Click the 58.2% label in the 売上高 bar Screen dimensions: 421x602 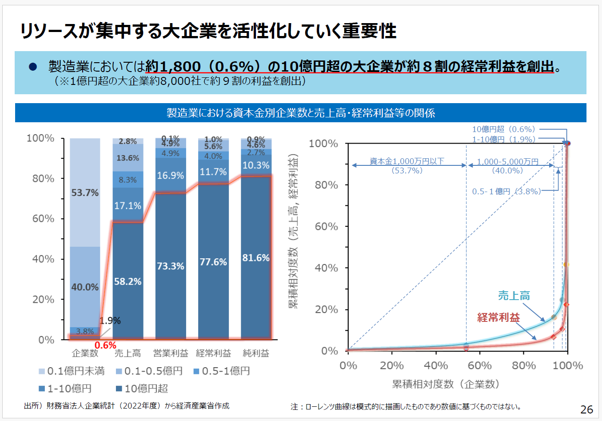[x=128, y=281]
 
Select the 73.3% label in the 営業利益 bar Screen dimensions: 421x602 [x=170, y=266]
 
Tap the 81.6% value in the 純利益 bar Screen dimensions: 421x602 [x=256, y=258]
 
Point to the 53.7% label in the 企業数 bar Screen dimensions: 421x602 [x=85, y=192]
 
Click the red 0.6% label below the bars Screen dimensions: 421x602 [x=105, y=345]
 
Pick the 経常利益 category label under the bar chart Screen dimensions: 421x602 [x=213, y=353]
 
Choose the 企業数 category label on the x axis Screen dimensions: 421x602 [x=85, y=353]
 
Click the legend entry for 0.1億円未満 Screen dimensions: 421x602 [x=72, y=371]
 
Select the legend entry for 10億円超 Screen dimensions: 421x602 [x=142, y=389]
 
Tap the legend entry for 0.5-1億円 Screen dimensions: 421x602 [x=222, y=371]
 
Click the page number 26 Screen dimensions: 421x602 [x=586, y=409]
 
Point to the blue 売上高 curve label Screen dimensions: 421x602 [x=514, y=296]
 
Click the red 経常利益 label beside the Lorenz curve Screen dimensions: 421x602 [x=498, y=317]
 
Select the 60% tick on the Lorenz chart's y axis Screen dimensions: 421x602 [x=327, y=226]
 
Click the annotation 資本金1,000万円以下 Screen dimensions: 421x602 [x=407, y=161]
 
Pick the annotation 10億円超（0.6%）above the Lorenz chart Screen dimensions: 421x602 [x=503, y=129]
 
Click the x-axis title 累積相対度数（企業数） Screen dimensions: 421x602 [x=446, y=384]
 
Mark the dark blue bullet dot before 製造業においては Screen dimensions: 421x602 [x=32, y=67]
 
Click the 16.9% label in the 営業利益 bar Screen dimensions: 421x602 [x=170, y=176]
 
